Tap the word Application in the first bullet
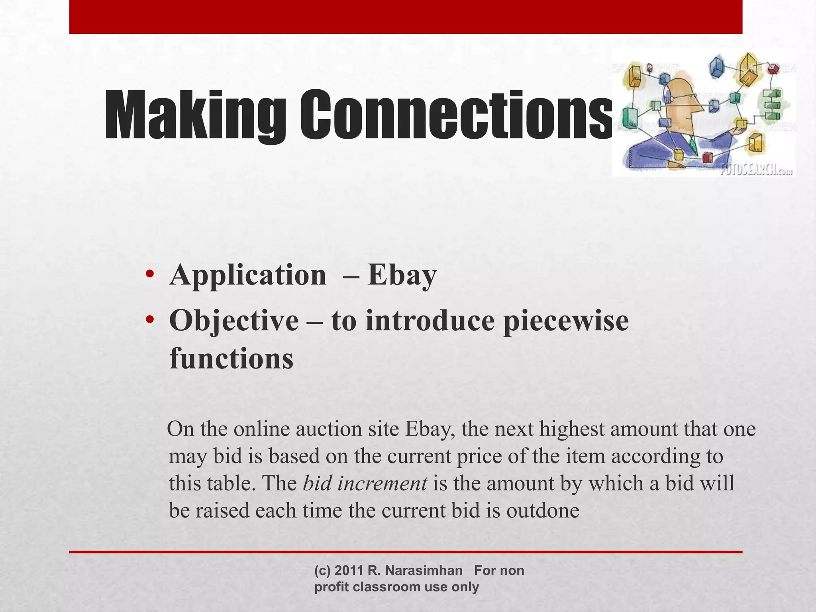(x=247, y=275)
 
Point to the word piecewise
(x=566, y=321)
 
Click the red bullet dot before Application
(x=150, y=275)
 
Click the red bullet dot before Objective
(x=150, y=320)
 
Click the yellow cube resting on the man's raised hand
(x=741, y=124)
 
